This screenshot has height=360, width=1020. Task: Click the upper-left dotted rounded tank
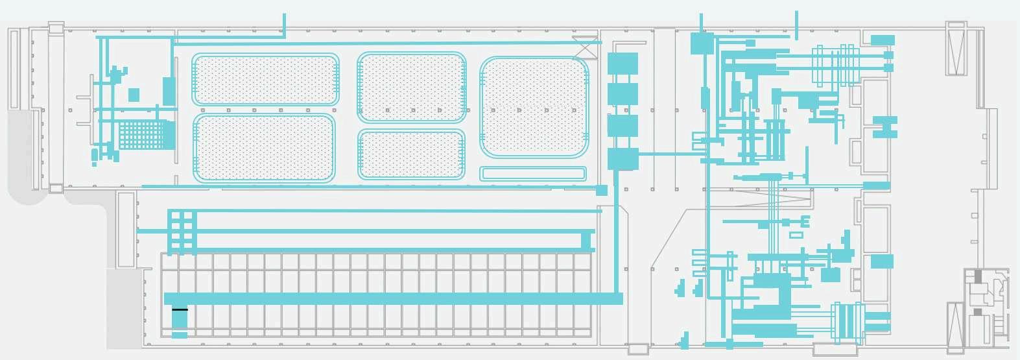(265, 79)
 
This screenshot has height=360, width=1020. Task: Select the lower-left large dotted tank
(264, 148)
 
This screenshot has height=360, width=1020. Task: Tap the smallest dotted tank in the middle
(411, 154)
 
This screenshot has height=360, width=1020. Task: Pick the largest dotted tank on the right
(534, 107)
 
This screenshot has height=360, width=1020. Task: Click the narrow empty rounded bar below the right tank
(533, 174)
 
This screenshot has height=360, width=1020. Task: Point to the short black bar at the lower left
(180, 310)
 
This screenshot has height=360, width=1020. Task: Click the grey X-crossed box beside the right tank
(585, 47)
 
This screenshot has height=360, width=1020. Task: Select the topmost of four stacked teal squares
(623, 64)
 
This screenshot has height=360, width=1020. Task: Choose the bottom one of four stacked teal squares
(623, 159)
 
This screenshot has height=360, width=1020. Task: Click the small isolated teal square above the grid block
(134, 95)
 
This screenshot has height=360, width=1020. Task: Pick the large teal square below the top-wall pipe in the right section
(702, 43)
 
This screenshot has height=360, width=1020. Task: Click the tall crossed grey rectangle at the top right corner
(956, 50)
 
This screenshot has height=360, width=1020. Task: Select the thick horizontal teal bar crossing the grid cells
(393, 298)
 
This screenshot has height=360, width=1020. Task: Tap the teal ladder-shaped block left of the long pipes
(182, 231)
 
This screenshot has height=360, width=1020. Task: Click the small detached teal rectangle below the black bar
(180, 335)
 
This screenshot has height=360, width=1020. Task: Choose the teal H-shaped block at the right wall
(885, 127)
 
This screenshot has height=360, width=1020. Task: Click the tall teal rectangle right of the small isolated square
(169, 91)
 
